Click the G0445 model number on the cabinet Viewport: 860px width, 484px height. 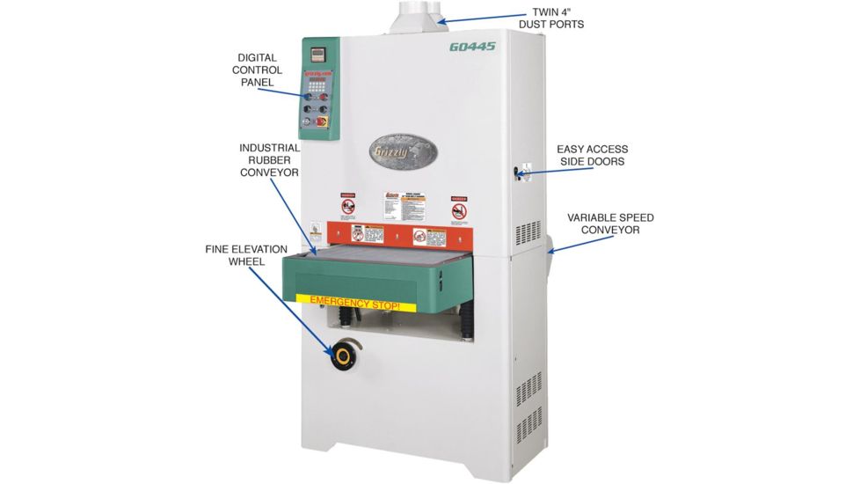472,48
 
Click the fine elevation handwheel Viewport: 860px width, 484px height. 342,357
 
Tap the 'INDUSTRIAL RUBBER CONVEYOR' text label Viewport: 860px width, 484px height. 269,160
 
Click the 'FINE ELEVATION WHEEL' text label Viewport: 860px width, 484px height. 240,255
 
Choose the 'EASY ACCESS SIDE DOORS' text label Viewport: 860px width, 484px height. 592,156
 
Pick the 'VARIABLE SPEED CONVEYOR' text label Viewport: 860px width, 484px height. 610,224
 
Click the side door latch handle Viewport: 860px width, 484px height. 520,170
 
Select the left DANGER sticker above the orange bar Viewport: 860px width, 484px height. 349,207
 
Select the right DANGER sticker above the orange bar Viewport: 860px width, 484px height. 459,209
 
